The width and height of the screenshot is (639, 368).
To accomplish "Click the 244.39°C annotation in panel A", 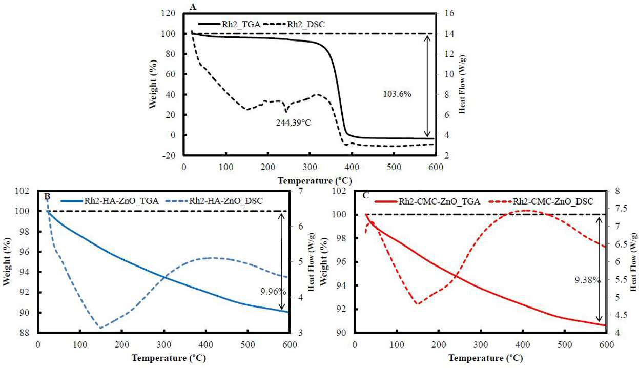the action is point(294,122).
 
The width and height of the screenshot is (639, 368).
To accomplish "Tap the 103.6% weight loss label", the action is point(397,94).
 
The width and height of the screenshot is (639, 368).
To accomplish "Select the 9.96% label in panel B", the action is point(273,292).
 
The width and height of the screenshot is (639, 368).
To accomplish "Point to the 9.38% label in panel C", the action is point(587,280).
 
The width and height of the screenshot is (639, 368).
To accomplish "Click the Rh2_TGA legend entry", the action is point(230,24).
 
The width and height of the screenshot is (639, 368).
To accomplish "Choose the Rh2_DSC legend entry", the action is point(294,24).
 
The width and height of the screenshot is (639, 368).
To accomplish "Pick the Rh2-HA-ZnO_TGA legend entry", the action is point(110,201).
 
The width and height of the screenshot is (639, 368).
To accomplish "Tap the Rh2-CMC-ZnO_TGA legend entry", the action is point(427,202).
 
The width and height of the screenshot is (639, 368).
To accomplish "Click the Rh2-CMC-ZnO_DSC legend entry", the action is point(541,202).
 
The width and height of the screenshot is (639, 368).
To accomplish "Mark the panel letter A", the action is point(193,7).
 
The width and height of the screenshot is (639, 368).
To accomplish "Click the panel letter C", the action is point(365,195).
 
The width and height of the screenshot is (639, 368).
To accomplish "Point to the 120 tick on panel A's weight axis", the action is point(168,13).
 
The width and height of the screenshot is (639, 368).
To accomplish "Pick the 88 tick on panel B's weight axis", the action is point(24,333).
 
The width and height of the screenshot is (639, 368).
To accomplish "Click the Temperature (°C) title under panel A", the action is point(315,181).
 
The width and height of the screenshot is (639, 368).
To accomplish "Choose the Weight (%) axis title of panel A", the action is point(153,84).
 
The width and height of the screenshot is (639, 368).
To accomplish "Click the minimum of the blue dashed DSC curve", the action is point(100,328).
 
